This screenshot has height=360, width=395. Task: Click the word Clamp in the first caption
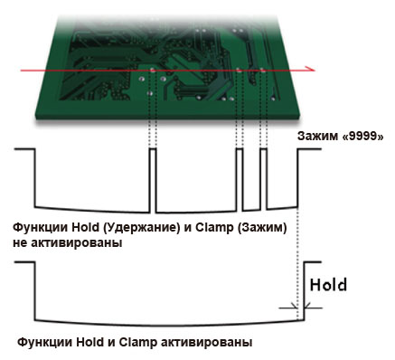(207, 229)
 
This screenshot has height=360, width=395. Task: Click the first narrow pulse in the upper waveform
(153, 172)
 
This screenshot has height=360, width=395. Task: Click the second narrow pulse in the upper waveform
(240, 172)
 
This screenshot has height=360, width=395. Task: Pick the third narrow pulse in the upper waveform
(263, 172)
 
